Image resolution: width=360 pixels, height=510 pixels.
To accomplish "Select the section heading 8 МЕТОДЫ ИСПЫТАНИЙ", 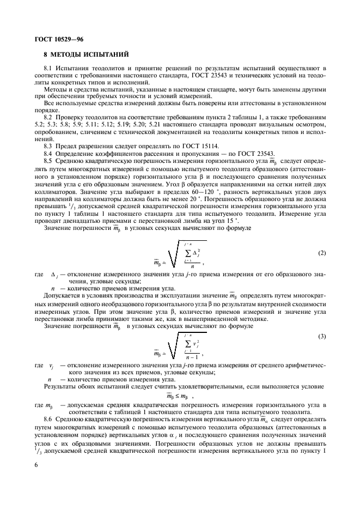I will [x=86, y=54].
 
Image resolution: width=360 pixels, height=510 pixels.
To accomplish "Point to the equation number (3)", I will [x=321, y=337].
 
